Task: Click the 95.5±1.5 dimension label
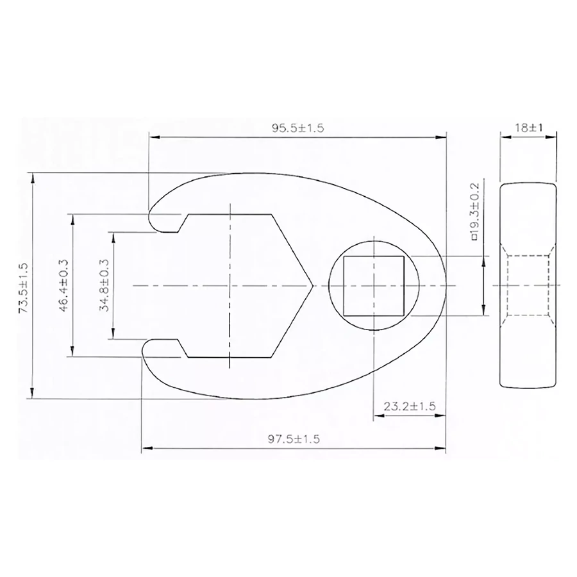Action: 297,128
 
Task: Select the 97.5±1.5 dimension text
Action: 294,439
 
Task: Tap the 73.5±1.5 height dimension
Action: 23,287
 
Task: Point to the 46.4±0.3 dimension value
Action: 63,285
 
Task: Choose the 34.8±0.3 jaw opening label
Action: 104,285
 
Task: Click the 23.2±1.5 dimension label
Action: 410,406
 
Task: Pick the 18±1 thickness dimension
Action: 528,128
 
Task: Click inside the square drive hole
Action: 374,286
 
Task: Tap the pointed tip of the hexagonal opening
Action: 312,285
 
